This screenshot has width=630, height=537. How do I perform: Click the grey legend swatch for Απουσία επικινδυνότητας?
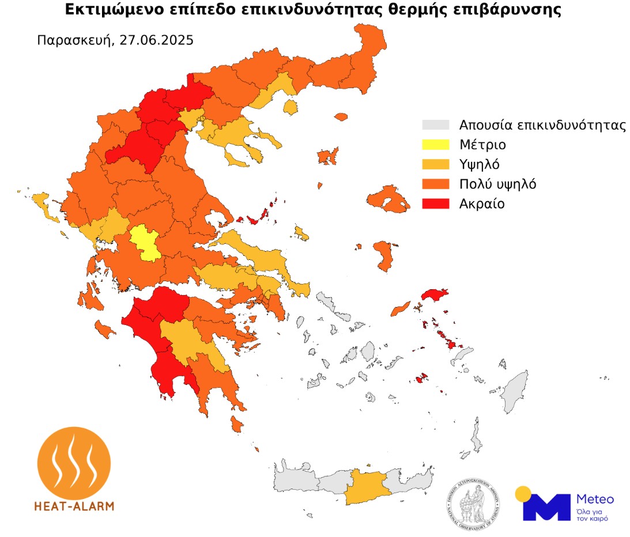coord(436,125)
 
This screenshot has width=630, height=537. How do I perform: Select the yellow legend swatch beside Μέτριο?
coord(436,145)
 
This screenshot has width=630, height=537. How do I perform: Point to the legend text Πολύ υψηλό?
coord(498,184)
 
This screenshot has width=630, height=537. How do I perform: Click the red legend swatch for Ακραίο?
coord(436,203)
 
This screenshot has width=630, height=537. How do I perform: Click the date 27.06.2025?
coord(157,41)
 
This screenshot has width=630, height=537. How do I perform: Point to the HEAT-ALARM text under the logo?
coord(74,506)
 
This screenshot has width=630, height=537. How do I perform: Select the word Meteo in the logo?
coord(594,499)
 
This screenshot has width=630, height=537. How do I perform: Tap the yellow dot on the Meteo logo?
coord(523,494)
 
